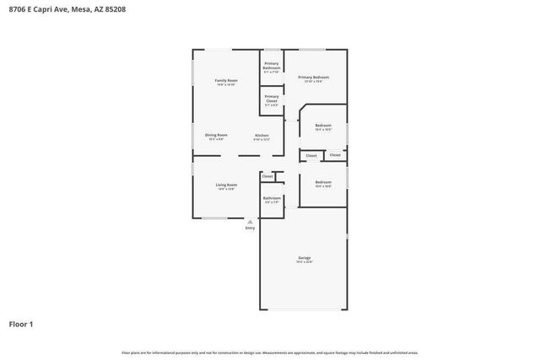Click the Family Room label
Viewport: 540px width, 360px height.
pyautogui.click(x=225, y=80)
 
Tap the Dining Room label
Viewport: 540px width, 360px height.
pyautogui.click(x=216, y=135)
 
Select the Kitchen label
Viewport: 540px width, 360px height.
pyautogui.click(x=262, y=135)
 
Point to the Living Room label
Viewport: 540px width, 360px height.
pyautogui.click(x=225, y=185)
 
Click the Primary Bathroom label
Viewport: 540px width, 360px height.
pyautogui.click(x=272, y=66)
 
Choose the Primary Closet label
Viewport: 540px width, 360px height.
pyautogui.click(x=272, y=98)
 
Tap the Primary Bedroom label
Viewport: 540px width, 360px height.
pyautogui.click(x=313, y=77)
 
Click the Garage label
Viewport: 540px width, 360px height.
pyautogui.click(x=304, y=257)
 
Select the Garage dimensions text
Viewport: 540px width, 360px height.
pyautogui.click(x=304, y=262)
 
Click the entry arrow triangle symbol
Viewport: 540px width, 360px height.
pyautogui.click(x=250, y=222)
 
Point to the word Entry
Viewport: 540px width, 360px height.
pyautogui.click(x=250, y=228)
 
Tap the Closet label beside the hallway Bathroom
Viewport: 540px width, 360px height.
pyautogui.click(x=267, y=175)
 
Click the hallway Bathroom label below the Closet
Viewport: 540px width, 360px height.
pyautogui.click(x=272, y=198)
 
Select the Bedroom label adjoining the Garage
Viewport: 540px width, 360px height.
pyautogui.click(x=323, y=182)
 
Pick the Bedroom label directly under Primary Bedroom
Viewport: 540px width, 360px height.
pyautogui.click(x=323, y=126)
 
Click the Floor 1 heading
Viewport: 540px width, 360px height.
pyautogui.click(x=21, y=323)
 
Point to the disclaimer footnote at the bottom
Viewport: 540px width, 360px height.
pyautogui.click(x=270, y=352)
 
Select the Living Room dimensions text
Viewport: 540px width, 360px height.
pyautogui.click(x=225, y=190)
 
